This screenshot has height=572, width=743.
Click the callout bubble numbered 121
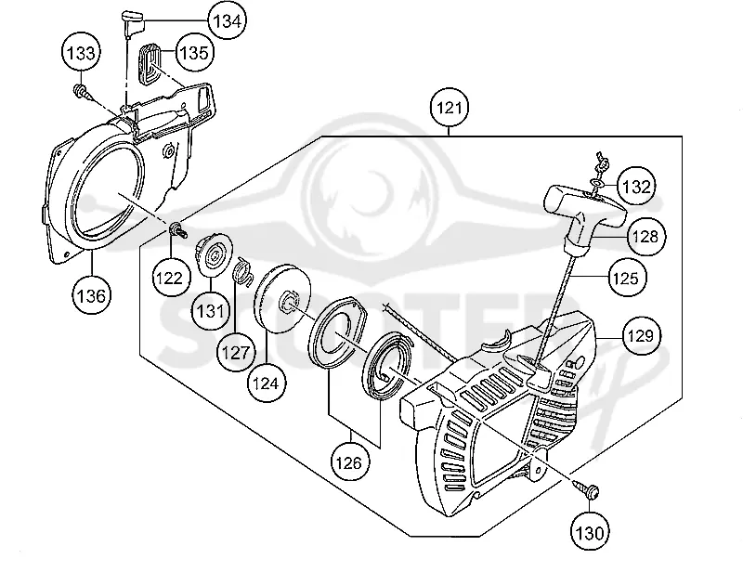point(450,108)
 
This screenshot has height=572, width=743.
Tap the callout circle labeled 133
point(82,53)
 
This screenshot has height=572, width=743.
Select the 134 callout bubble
point(228,20)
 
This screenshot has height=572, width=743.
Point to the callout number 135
point(195,52)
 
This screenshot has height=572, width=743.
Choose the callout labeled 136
point(91,295)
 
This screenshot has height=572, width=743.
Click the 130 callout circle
point(590,533)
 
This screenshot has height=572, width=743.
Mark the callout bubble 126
point(349,462)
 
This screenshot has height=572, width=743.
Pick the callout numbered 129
point(641,336)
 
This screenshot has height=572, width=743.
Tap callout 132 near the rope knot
point(636,187)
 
